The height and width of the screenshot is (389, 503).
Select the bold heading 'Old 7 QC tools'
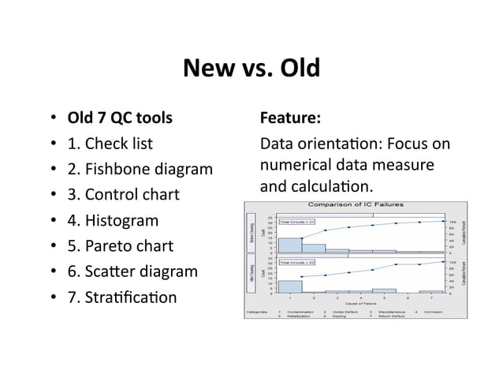tap(121, 118)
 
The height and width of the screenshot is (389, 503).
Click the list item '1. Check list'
tap(110, 144)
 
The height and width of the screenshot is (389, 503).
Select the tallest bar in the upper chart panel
tap(290, 245)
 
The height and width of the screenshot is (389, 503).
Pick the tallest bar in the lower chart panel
tap(290, 286)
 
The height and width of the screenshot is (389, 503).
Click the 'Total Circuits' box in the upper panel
tap(297, 222)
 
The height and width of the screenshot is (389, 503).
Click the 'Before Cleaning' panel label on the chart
tap(253, 232)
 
